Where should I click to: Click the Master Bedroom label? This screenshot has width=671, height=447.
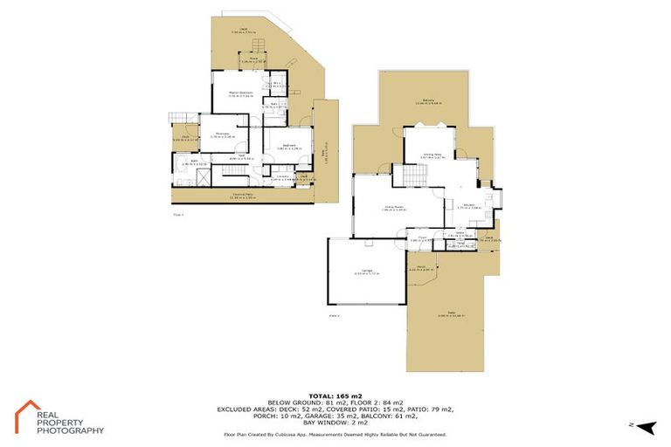[x=240, y=93]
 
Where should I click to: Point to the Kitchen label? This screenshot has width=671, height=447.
[x=468, y=207]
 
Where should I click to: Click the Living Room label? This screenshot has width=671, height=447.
[x=393, y=208]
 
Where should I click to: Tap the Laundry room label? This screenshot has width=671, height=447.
[x=280, y=178]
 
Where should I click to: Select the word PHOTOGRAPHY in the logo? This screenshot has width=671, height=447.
[x=70, y=430]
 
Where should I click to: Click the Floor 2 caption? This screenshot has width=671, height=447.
[x=333, y=315]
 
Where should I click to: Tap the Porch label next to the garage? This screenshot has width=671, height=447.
[x=420, y=269]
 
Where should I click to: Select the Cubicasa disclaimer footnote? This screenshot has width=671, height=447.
[x=335, y=434]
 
